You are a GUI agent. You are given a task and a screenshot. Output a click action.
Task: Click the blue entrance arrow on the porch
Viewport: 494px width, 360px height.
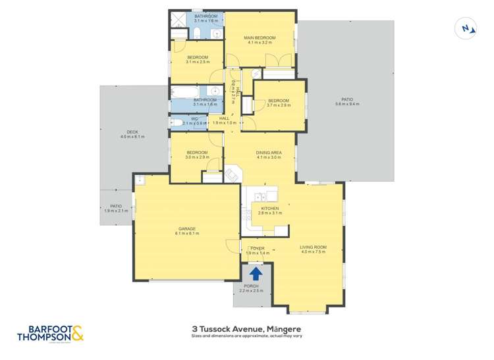pos(256,272)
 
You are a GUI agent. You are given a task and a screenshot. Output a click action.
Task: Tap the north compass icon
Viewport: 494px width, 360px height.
pos(466,28)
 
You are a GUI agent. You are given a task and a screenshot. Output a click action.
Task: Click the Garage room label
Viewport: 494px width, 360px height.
pos(186,228)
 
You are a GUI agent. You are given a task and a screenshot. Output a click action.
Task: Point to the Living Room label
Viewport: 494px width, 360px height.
pos(314,247)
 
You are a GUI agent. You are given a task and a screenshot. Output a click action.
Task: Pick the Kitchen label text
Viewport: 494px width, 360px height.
pos(270,209)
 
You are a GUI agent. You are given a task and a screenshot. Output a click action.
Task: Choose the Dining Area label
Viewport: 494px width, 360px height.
pos(269,153)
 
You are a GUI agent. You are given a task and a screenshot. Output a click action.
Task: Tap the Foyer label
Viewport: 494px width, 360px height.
pos(256,248)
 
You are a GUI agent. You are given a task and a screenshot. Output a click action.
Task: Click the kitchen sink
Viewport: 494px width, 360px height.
pos(258,195)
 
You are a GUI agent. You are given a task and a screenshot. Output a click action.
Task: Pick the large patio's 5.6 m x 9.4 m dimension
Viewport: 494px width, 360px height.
pos(347,104)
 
